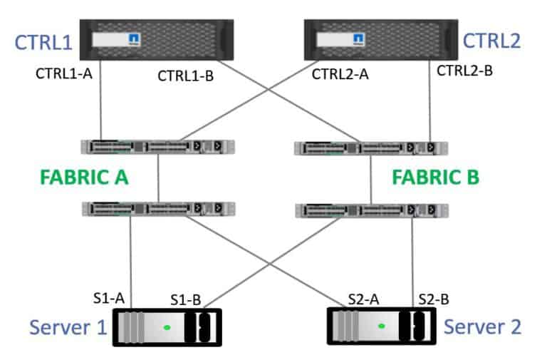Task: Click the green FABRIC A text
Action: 85,177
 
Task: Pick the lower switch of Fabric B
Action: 370,210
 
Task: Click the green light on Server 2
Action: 382,326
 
